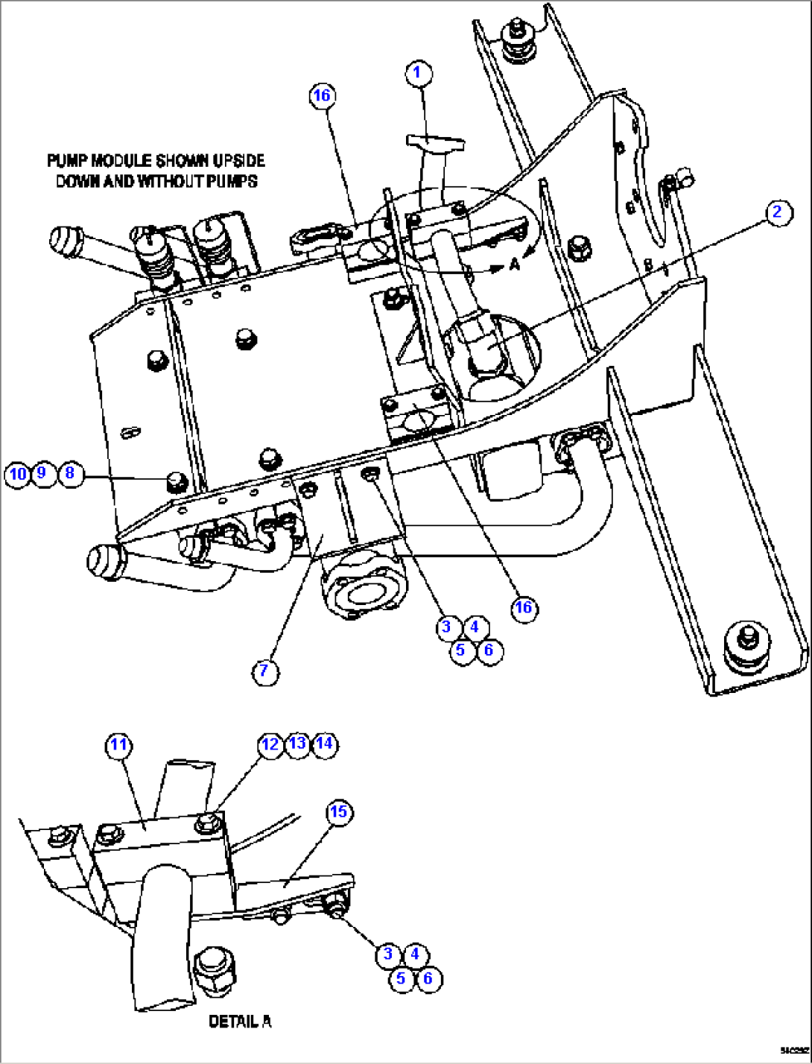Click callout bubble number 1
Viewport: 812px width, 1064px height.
[x=417, y=72]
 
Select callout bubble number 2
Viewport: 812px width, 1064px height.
[x=777, y=212]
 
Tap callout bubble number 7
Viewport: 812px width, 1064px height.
[x=264, y=671]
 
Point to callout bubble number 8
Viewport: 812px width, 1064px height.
[x=70, y=473]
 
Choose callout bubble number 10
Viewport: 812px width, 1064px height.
[x=16, y=474]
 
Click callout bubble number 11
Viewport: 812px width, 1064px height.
[x=119, y=744]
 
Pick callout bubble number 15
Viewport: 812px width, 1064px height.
[x=338, y=811]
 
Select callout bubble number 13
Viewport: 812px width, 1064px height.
[x=297, y=744]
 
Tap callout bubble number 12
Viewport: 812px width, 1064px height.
[x=270, y=744]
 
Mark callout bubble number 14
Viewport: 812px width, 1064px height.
[x=324, y=744]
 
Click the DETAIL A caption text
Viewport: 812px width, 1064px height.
[x=240, y=1022]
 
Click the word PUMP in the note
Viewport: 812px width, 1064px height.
[x=65, y=161]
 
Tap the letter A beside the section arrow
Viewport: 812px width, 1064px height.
[x=515, y=263]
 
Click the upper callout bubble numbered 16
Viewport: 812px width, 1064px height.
[x=321, y=95]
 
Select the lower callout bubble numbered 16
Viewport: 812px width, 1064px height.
[x=524, y=607]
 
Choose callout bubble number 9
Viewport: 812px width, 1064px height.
[x=42, y=473]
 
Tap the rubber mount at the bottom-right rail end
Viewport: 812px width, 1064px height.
[x=747, y=643]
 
